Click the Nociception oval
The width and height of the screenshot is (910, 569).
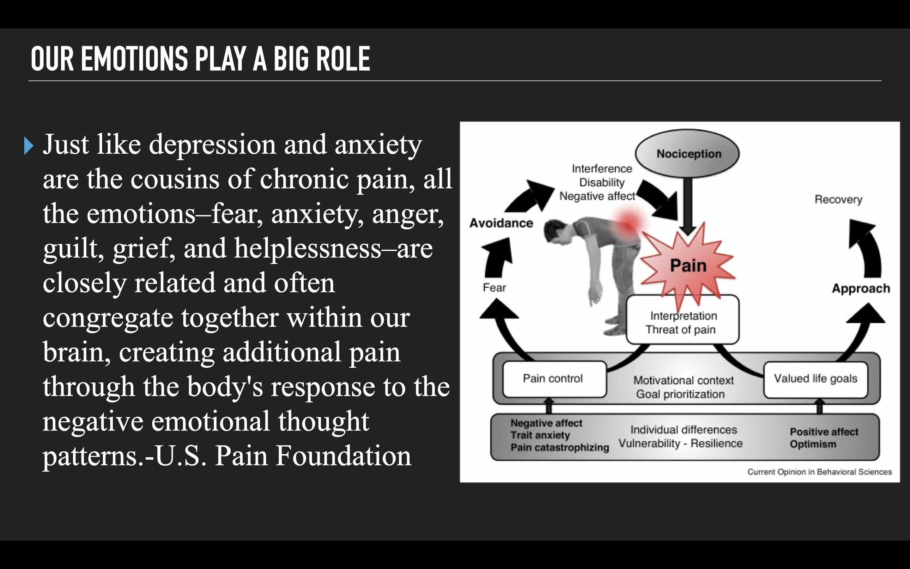[x=687, y=154]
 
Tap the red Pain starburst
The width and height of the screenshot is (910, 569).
[x=688, y=266]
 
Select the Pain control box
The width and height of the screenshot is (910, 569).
[x=554, y=379]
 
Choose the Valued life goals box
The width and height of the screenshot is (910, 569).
[x=816, y=379]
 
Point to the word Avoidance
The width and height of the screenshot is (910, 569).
[x=501, y=223]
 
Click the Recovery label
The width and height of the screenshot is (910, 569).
[x=838, y=199]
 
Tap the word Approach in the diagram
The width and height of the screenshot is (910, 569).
[x=861, y=289]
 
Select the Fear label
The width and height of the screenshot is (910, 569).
[x=494, y=288]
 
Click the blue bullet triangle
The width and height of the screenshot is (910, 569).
[x=28, y=146]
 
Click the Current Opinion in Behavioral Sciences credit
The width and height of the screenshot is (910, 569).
[x=819, y=472]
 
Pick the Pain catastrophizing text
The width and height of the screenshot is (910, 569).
[x=560, y=447]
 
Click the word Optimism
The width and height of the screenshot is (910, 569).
[x=813, y=444]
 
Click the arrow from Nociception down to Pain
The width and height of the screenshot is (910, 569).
[x=688, y=205]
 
